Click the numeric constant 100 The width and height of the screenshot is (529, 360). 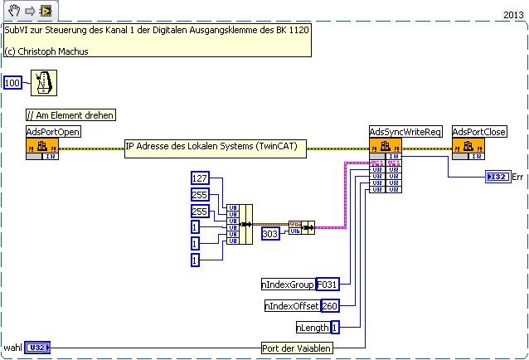pyautogui.click(x=12, y=83)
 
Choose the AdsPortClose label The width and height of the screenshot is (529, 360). pyautogui.click(x=479, y=132)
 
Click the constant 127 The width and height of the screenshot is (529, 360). pyautogui.click(x=200, y=178)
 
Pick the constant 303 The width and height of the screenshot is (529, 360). pyautogui.click(x=270, y=234)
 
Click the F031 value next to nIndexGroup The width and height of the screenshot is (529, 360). pyautogui.click(x=328, y=285)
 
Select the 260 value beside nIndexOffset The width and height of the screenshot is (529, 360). pyautogui.click(x=330, y=306)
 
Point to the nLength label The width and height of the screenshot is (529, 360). pyautogui.click(x=313, y=328)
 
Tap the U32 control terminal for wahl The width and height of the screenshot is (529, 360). pyautogui.click(x=38, y=348)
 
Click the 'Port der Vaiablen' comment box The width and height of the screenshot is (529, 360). pyautogui.click(x=297, y=348)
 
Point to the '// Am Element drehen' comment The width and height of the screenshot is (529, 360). pyautogui.click(x=70, y=115)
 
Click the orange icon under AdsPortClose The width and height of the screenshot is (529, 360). pyautogui.click(x=468, y=148)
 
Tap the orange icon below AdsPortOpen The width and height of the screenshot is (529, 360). pyautogui.click(x=42, y=148)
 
